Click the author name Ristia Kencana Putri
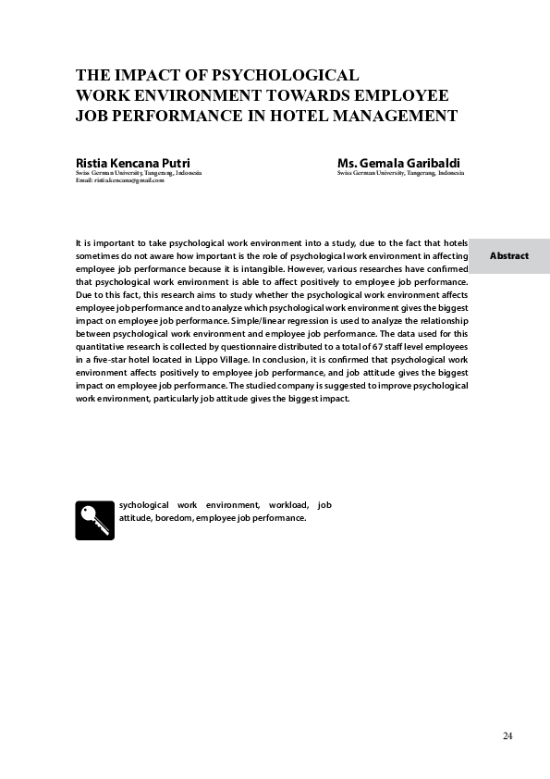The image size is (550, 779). point(132,164)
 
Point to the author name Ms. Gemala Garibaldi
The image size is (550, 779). point(398,164)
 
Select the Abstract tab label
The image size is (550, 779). point(509,255)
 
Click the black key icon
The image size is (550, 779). point(92,520)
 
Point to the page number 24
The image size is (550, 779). point(507,736)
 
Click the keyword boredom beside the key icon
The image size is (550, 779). point(174,518)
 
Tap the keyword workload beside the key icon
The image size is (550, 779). point(291,505)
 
